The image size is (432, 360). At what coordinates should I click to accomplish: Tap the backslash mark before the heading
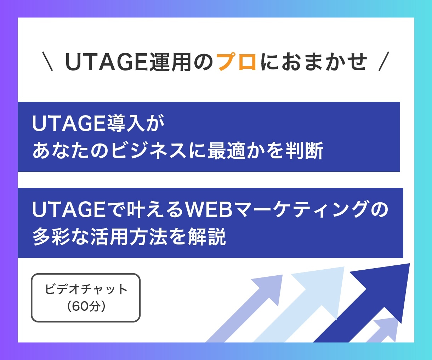click(47, 61)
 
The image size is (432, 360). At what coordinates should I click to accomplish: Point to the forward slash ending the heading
click(384, 61)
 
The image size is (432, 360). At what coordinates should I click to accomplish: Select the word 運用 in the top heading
click(170, 62)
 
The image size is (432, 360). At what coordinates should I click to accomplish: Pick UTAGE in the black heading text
click(107, 62)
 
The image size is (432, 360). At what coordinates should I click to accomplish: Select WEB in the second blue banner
click(209, 209)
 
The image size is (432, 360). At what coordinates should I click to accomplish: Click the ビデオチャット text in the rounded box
click(86, 289)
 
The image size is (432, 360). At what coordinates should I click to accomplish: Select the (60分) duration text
click(86, 306)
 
